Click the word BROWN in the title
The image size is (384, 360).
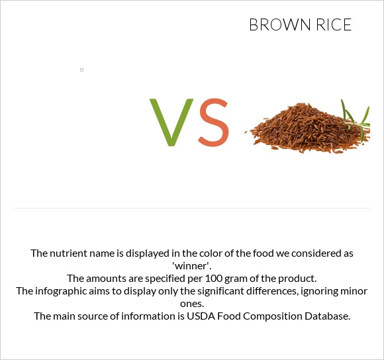pos(279,25)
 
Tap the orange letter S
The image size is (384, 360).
pos(213,123)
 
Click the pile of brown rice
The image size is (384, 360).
pos(305,129)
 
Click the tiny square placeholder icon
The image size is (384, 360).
pos(81,69)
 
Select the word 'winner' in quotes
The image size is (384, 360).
pos(192,265)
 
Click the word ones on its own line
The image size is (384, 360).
pos(192,303)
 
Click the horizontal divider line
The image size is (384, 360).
pos(192,208)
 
